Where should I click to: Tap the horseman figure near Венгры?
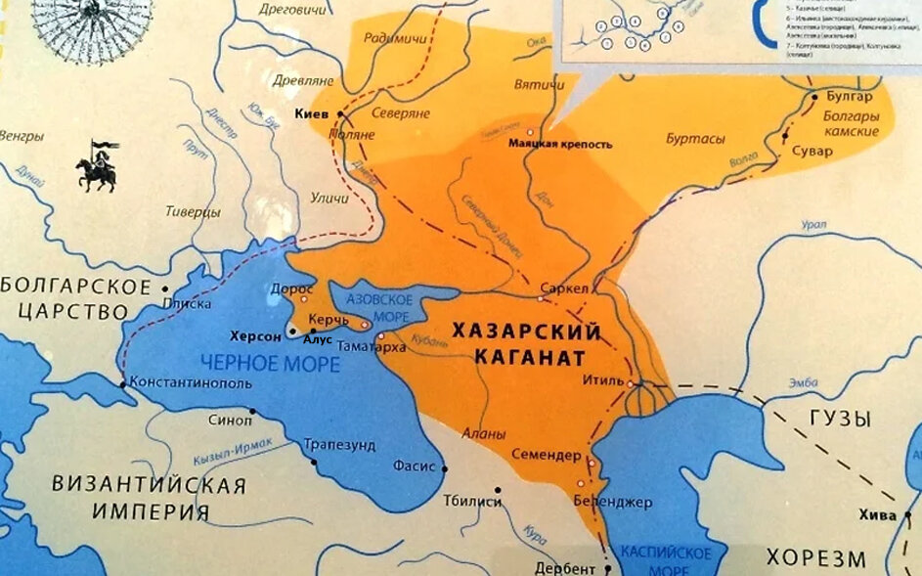tap(97, 166)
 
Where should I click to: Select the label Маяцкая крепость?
tap(561, 145)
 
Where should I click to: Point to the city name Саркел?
tap(563, 289)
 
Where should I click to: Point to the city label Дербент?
tap(564, 568)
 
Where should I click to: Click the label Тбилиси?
tap(471, 502)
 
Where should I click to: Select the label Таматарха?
tap(373, 346)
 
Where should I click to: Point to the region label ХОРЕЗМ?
tap(815, 558)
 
